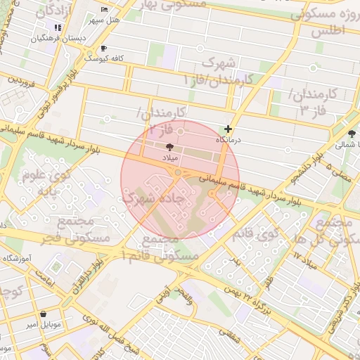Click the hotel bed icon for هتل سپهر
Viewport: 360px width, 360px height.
tap(104, 10)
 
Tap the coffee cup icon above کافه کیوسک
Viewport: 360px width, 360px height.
tap(104, 49)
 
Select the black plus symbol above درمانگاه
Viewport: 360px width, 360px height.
tap(228, 129)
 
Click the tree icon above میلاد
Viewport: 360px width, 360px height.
tap(169, 146)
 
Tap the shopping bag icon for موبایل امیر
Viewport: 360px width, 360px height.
tap(44, 314)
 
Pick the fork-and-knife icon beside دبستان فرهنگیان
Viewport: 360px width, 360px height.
tap(58, 27)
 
